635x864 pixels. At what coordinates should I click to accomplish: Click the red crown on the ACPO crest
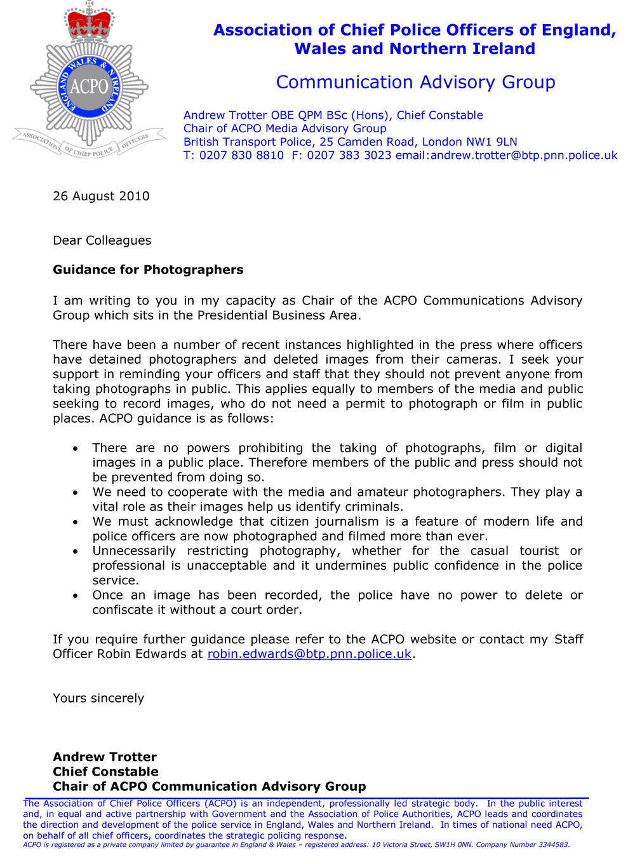click(x=89, y=24)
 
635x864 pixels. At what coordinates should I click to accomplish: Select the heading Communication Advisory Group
click(x=415, y=83)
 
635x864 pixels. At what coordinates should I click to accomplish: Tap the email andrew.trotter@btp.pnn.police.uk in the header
click(x=524, y=156)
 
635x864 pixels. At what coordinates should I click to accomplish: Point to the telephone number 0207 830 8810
click(x=241, y=156)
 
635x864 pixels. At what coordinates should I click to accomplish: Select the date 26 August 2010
click(x=101, y=196)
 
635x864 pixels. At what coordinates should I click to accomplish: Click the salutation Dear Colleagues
click(x=102, y=241)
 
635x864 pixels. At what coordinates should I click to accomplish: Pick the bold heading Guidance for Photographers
click(x=148, y=270)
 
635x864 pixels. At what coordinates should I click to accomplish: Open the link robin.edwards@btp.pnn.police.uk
click(x=309, y=654)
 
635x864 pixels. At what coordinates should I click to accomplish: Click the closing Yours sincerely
click(x=98, y=699)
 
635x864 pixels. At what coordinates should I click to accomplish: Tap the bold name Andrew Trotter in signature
click(x=105, y=757)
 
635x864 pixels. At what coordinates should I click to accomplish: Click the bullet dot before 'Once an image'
click(x=76, y=596)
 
